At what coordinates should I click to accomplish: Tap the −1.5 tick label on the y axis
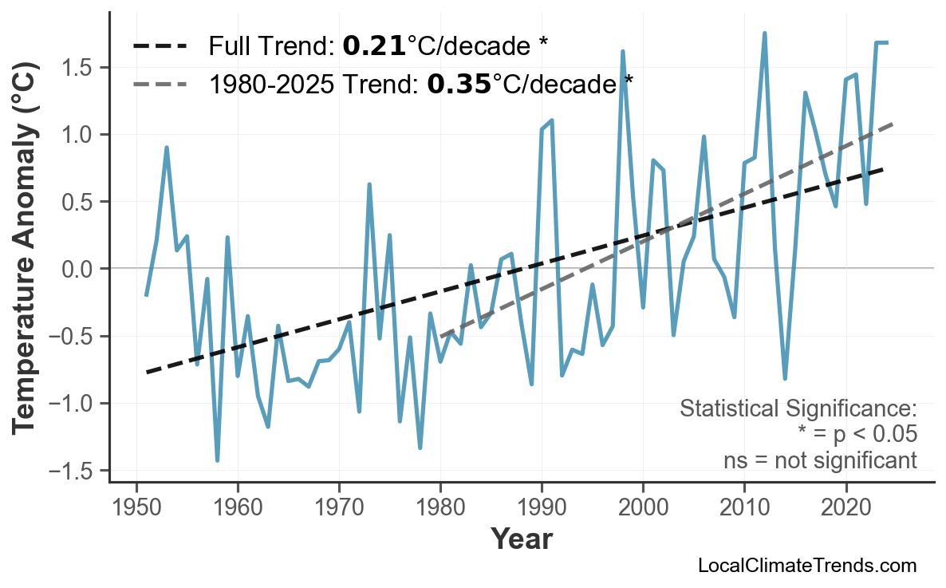tap(73, 471)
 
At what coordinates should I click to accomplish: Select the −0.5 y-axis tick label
tap(73, 337)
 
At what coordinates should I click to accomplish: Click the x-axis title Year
tap(521, 539)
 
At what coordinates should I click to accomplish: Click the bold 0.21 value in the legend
tap(374, 46)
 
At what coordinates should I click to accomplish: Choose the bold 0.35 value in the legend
tap(459, 83)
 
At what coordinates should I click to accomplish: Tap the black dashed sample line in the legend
tap(160, 46)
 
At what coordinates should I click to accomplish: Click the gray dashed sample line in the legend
tap(160, 83)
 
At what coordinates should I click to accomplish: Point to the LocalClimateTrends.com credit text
tap(806, 566)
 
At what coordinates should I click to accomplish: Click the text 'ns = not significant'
tap(820, 460)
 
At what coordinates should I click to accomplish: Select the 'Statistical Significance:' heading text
tap(798, 409)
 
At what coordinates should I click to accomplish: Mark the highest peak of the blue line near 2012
tap(764, 34)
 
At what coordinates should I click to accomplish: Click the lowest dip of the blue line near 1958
tap(217, 460)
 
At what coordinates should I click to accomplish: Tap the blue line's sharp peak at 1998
tap(622, 52)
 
